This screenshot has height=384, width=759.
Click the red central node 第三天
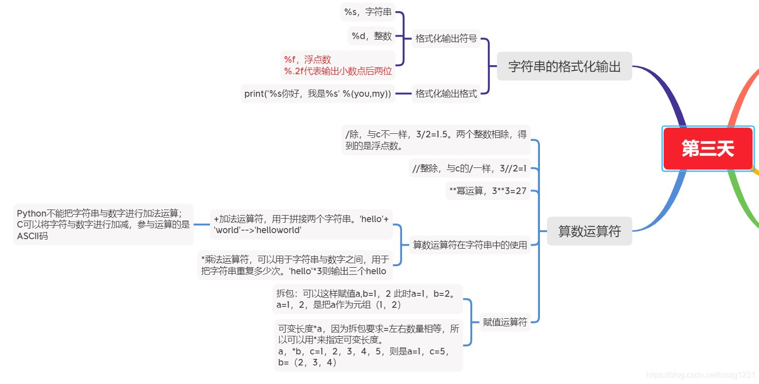707,149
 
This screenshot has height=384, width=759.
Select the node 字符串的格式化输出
564,66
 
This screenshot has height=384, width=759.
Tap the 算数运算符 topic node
589,231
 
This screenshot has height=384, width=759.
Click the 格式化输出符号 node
446,39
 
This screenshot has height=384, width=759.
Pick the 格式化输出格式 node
446,94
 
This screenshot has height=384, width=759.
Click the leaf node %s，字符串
367,12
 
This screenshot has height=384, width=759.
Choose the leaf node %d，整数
371,36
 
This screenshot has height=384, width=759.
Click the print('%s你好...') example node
318,94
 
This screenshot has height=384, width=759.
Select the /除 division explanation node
436,140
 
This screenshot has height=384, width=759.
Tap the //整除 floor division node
469,169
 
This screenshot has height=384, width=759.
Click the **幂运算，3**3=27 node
488,191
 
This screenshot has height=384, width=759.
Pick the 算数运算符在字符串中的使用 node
470,245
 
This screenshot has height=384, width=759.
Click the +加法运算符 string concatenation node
301,225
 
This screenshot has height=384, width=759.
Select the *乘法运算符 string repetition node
295,265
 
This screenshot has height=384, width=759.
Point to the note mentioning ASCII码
103,225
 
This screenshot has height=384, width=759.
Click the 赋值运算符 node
505,322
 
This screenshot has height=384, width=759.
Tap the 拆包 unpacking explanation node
367,299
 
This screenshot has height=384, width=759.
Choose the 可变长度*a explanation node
368,345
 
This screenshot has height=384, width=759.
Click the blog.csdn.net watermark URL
700,375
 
